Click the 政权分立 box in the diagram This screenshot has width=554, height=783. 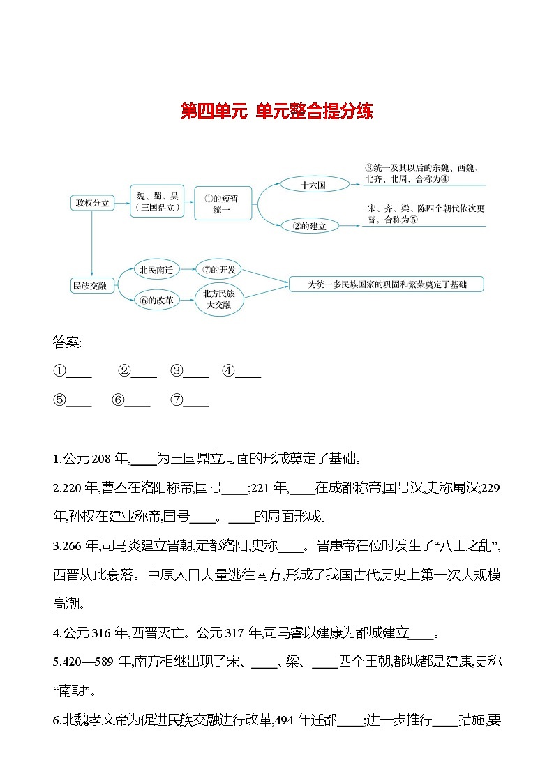(92, 203)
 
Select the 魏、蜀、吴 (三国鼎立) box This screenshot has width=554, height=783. (157, 202)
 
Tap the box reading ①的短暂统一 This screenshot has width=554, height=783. (221, 204)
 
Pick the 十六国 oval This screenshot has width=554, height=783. (313, 185)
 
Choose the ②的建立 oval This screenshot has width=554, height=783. (313, 226)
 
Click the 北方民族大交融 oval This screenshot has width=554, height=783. (220, 300)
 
